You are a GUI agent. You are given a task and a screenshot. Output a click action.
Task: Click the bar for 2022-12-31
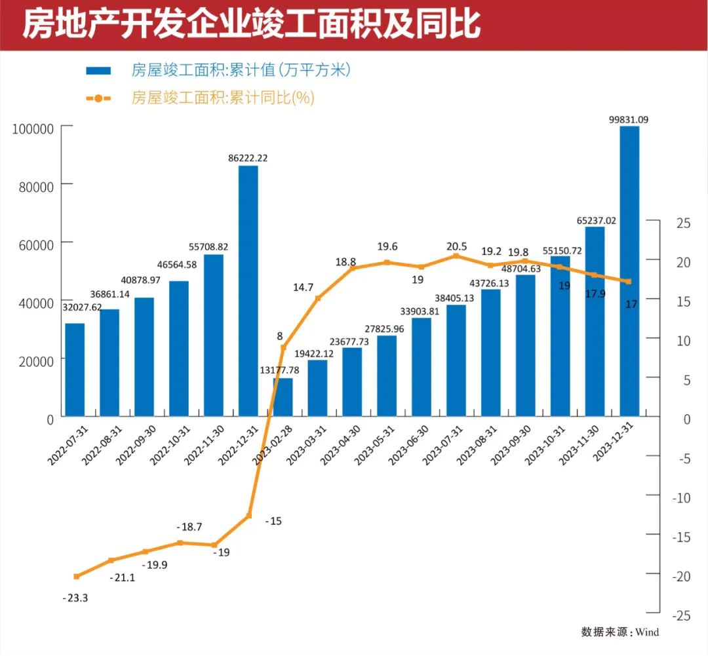coord(248,291)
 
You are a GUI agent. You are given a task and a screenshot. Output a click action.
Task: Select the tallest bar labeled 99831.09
coord(629,271)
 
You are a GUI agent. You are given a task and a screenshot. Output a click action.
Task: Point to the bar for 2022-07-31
coord(75,370)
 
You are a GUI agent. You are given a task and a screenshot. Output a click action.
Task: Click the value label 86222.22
coord(248,158)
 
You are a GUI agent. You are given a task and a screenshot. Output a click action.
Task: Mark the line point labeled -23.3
coord(77,577)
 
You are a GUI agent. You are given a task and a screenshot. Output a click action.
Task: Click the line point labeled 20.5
coord(456,256)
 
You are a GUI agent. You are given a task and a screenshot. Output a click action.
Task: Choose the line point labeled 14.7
coord(318,298)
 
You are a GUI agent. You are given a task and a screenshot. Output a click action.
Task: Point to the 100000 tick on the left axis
coord(32,128)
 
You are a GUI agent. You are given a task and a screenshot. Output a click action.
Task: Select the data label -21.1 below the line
coord(121,577)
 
